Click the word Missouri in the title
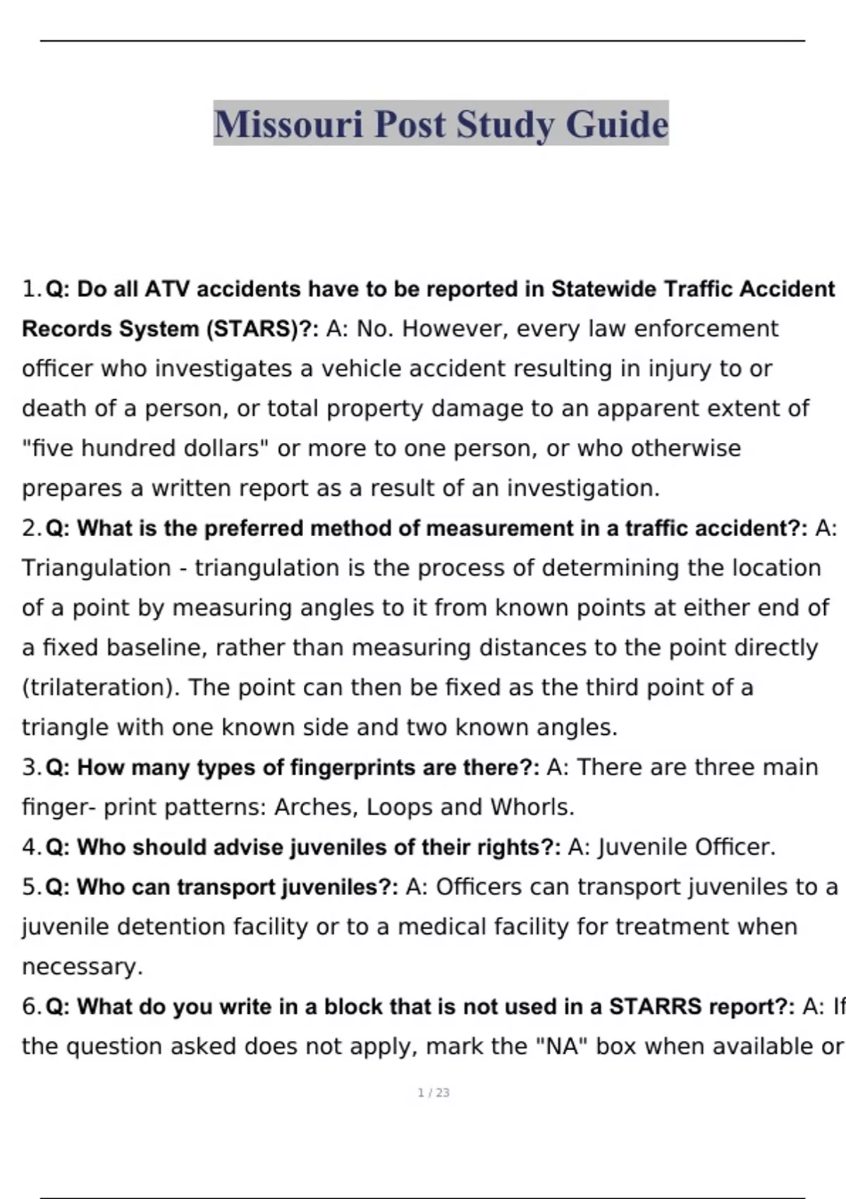(289, 124)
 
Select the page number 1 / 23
(434, 1093)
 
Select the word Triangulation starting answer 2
(97, 568)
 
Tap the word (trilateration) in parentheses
(101, 688)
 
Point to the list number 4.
(31, 847)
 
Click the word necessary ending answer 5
(81, 967)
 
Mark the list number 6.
(31, 1006)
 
